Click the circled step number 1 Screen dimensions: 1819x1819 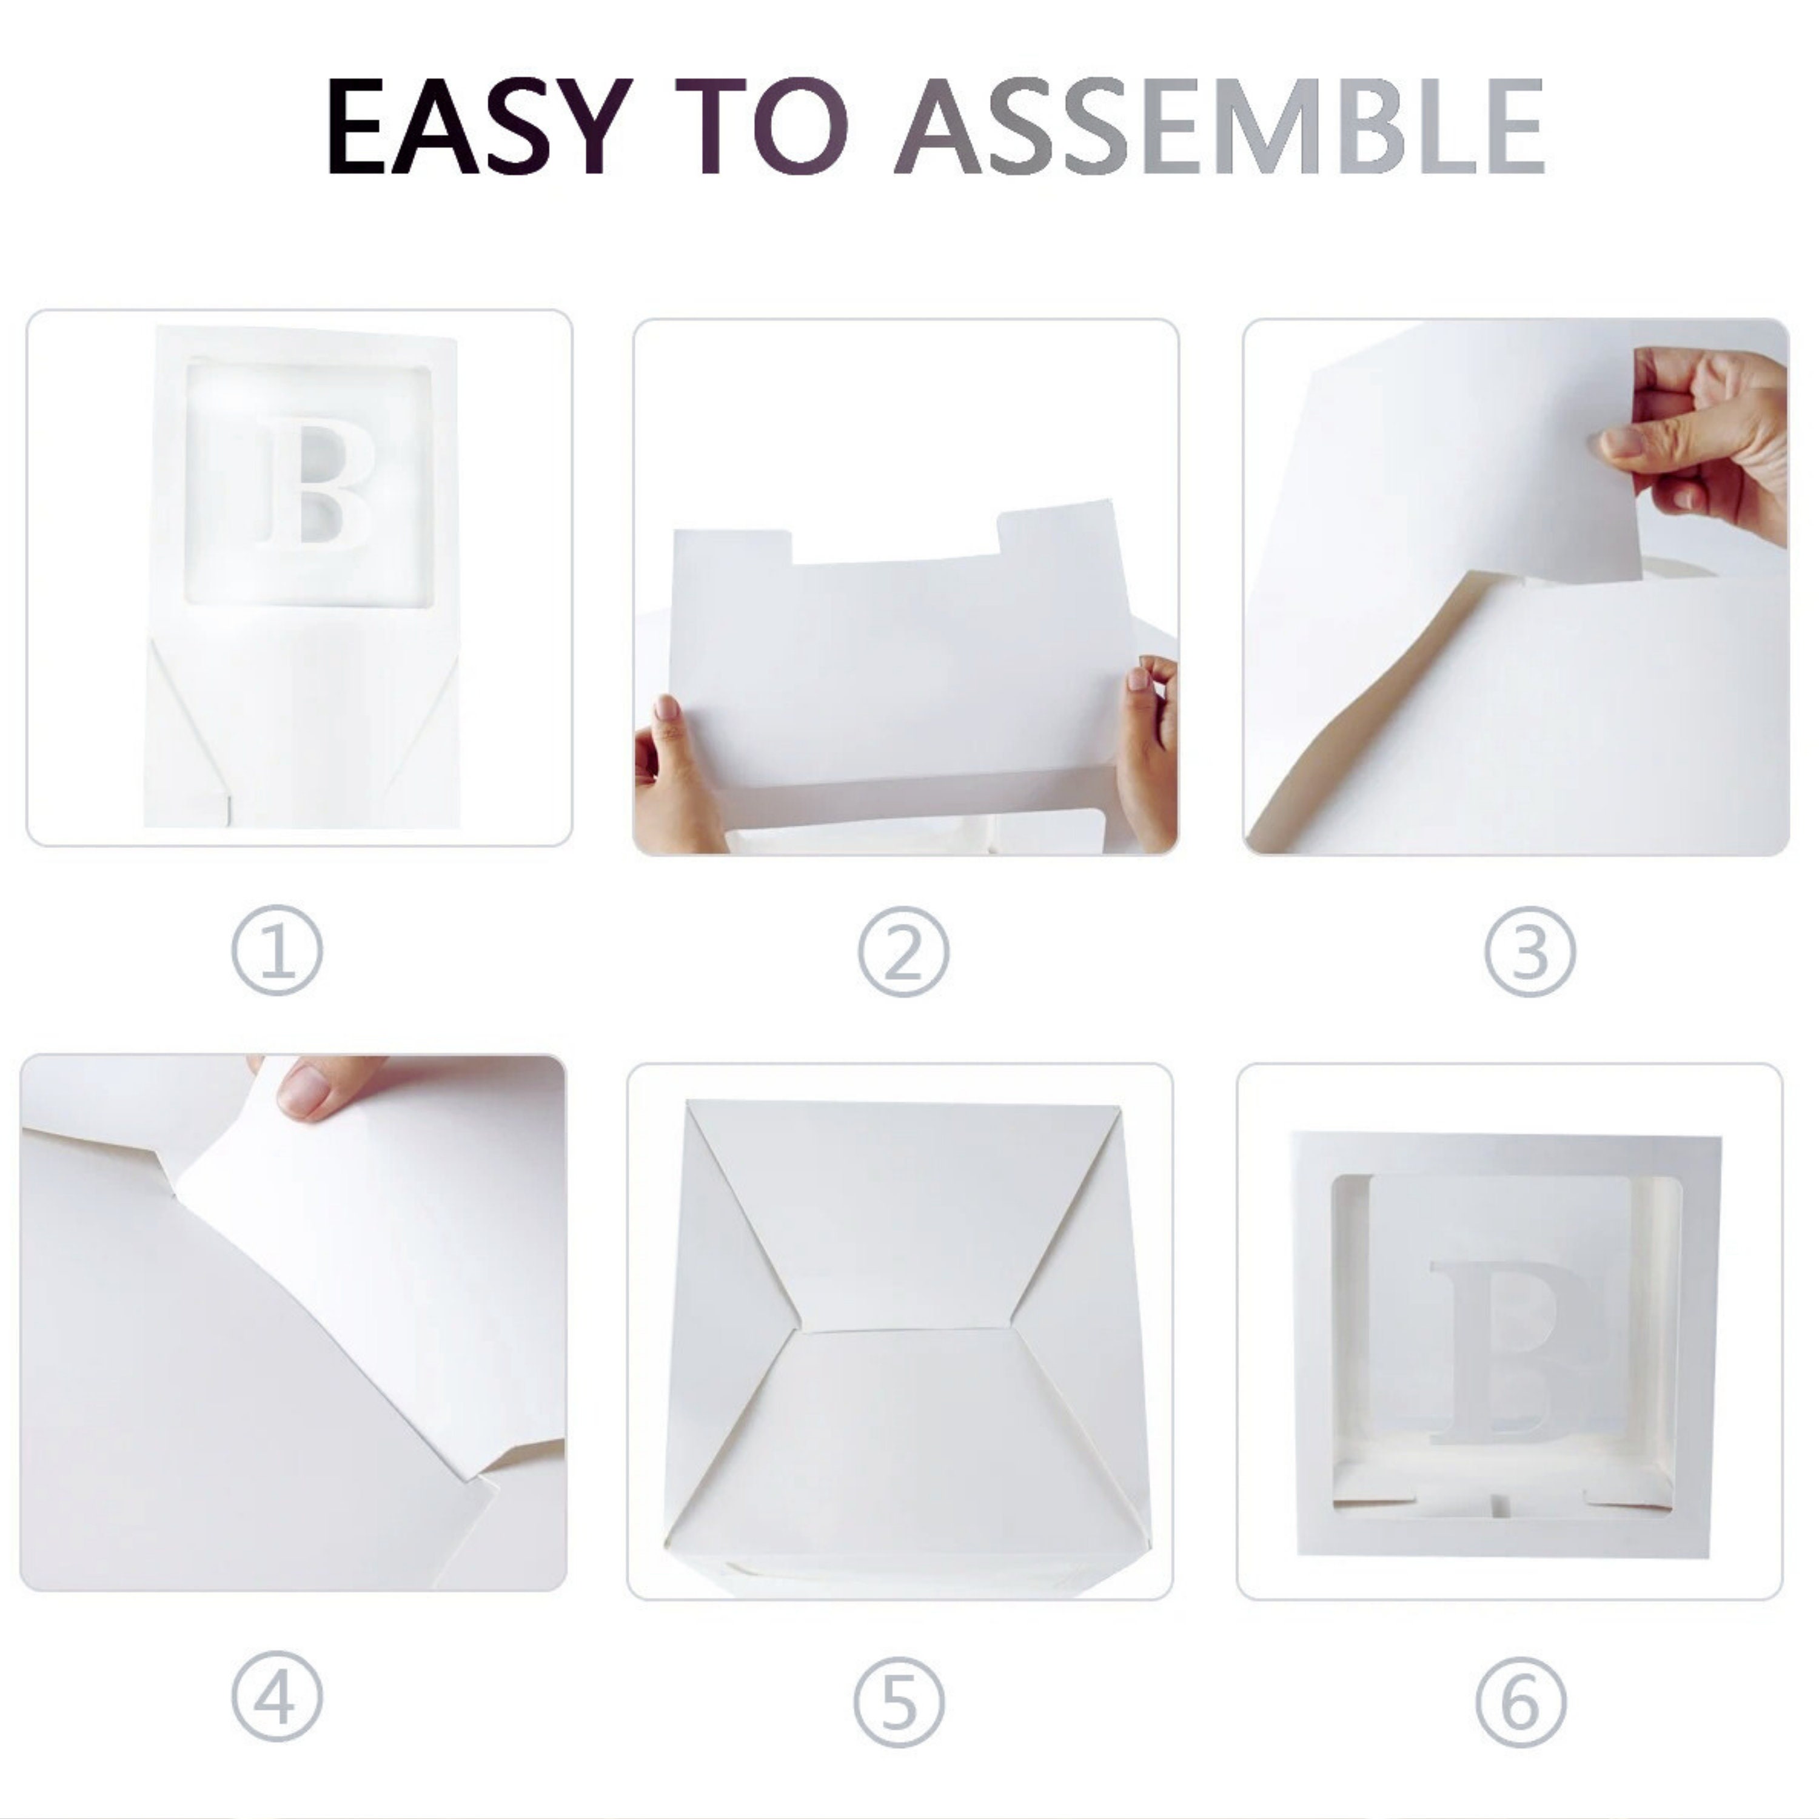pos(277,950)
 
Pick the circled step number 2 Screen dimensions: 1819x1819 pos(903,952)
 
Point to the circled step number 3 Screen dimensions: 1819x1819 pos(1530,952)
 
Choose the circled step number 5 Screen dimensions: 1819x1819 pos(900,1702)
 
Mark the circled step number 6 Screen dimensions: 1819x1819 pos(1521,1702)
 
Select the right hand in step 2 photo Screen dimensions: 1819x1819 pos(1148,753)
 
